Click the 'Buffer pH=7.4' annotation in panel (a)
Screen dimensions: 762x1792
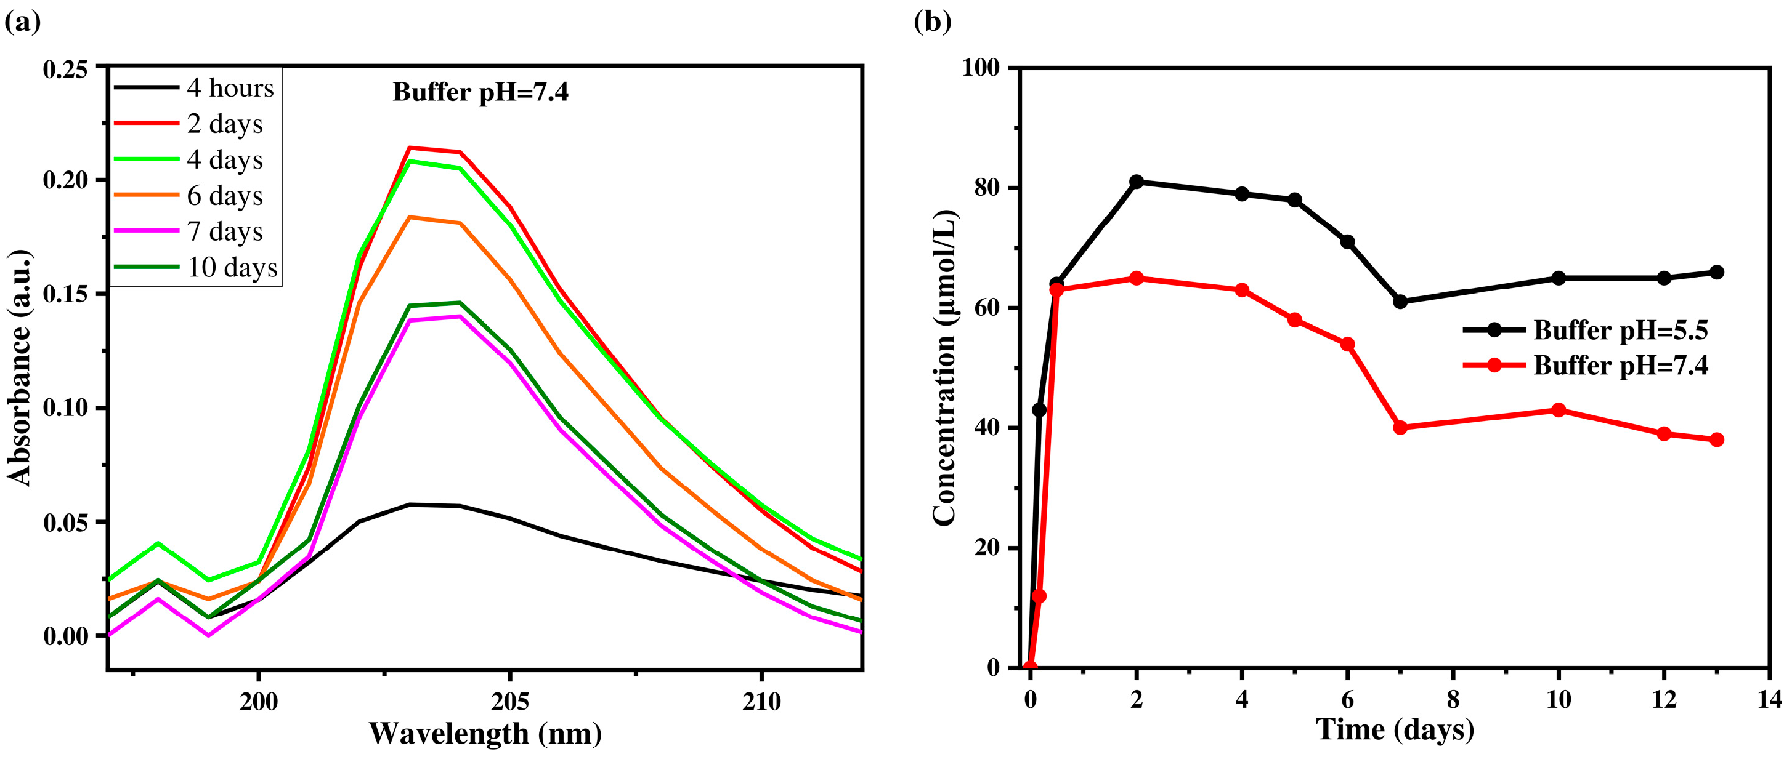(x=480, y=92)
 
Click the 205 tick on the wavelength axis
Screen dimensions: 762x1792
(x=510, y=702)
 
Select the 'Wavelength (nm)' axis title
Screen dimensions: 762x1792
(x=485, y=734)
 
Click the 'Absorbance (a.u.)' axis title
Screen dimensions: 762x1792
(x=20, y=367)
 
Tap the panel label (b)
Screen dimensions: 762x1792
(x=931, y=22)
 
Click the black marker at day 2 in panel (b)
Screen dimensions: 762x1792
(x=1136, y=182)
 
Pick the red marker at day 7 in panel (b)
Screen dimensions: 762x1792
(x=1400, y=428)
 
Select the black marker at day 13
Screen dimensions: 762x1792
(x=1716, y=272)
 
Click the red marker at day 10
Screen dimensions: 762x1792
(x=1559, y=410)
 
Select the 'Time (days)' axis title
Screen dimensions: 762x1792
(x=1395, y=730)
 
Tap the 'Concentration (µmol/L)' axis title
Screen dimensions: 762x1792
(x=945, y=367)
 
